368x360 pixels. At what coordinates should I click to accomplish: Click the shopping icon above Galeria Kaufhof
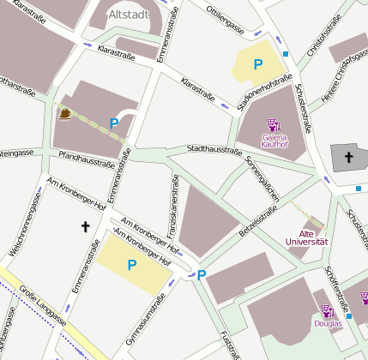click(x=274, y=125)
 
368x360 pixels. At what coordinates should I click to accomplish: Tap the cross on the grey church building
click(x=348, y=158)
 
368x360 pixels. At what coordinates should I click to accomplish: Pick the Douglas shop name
click(x=327, y=324)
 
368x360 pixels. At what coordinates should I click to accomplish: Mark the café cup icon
click(x=65, y=114)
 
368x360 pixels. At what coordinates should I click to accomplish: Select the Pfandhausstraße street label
click(x=86, y=159)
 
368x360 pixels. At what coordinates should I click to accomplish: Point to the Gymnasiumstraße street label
click(x=143, y=328)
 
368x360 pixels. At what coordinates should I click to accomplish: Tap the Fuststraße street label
click(x=226, y=344)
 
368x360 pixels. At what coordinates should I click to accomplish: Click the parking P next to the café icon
click(x=114, y=123)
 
